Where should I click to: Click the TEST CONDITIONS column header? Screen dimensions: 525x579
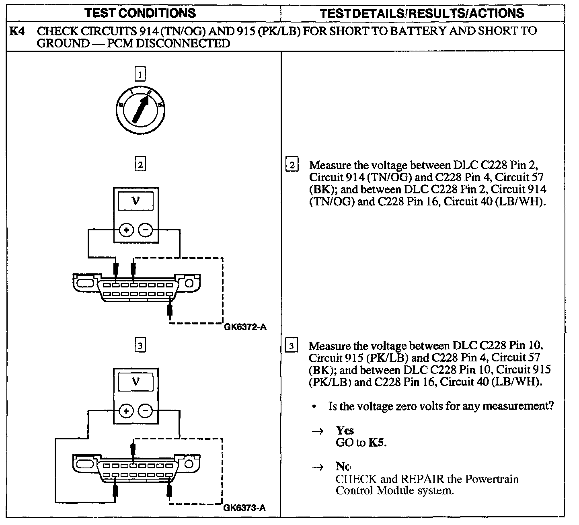pos(140,13)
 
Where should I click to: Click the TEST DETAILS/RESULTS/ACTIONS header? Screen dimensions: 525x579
pos(422,13)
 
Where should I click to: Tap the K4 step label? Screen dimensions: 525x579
pos(16,31)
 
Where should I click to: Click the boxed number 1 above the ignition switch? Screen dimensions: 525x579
pos(140,74)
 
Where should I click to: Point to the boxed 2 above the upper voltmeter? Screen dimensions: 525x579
pos(140,165)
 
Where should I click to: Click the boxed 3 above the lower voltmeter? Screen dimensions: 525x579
pos(140,346)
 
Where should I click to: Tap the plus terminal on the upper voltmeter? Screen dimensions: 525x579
pos(126,230)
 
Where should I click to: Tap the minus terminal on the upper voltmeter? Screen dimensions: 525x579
pos(146,230)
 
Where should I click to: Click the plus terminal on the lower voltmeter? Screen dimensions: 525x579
pos(126,411)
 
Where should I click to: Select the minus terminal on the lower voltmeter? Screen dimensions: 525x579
pos(146,411)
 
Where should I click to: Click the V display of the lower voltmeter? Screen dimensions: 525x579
pos(136,381)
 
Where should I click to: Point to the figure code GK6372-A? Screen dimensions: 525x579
pos(245,327)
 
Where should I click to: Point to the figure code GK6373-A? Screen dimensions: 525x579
pos(244,507)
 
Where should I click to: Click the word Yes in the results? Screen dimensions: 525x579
pos(345,431)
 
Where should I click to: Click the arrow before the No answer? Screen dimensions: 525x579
pos(318,467)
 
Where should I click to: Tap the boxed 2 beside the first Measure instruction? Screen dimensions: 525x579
pos(292,165)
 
